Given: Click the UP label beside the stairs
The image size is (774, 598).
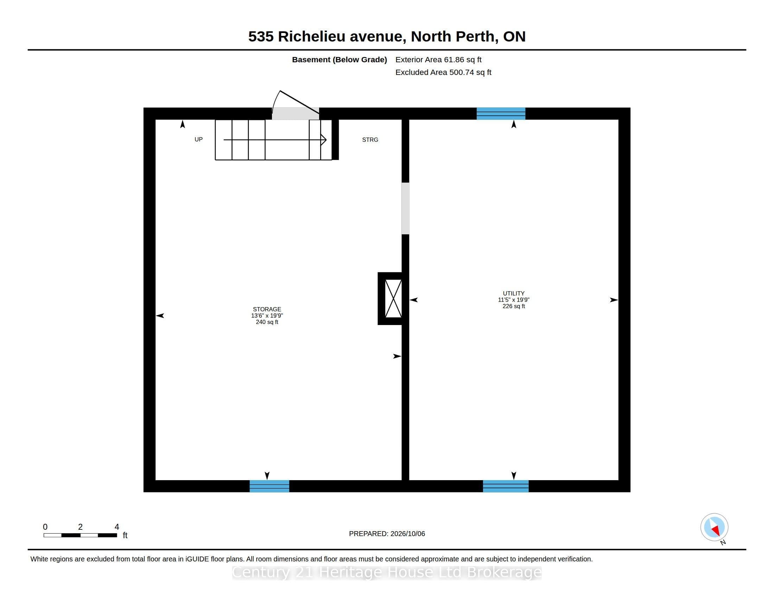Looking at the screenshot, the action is pos(198,140).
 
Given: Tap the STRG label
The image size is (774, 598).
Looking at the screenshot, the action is pos(370,140).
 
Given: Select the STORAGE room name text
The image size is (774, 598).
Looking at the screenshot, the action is pos(267,309).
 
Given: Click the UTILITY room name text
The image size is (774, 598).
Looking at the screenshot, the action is pos(514,293).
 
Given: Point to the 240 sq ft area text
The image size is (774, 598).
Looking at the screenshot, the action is pos(267,322).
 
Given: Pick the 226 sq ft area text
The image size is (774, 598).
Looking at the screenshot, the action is pos(514,306).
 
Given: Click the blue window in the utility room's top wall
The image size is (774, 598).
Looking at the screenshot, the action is pos(501,113).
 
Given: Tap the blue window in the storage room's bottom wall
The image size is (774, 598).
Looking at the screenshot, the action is pos(269,486).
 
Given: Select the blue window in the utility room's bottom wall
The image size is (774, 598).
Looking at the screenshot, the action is pos(506,486).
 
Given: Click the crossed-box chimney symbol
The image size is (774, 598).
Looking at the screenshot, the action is pos(393,299).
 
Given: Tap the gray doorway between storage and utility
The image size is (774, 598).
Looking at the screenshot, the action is pos(405,208).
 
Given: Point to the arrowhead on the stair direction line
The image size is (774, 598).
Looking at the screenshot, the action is pos(324,140).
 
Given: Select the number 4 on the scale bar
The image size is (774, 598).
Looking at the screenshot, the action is pos(117,527).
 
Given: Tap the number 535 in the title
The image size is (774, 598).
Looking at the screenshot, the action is pos(261,37).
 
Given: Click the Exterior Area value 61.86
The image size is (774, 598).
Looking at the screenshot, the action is pos(454,59).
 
